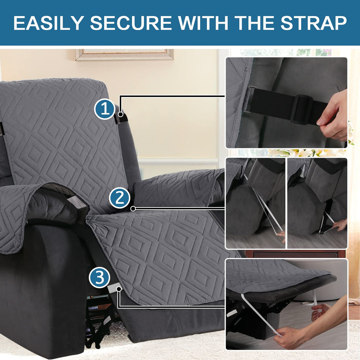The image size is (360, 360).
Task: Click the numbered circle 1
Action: pos(105,109)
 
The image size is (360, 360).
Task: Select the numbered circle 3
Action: pos(99,278)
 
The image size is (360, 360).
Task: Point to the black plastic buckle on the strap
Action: pos(301,109)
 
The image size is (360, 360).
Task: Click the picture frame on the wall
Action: pos(125,55)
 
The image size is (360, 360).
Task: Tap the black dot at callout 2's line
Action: pos(133,209)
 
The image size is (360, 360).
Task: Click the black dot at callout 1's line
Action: pos(120,114)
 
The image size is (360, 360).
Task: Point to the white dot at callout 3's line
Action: pos(119,289)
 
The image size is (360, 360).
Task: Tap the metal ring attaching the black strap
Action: pos(250,100)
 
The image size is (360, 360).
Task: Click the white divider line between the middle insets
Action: pos(286,203)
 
